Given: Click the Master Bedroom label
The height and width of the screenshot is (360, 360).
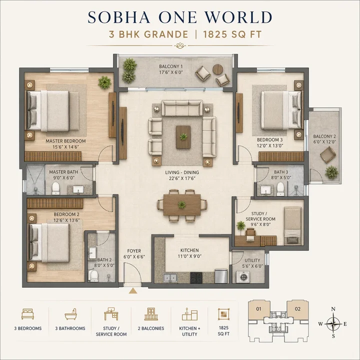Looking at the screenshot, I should pyautogui.click(x=65, y=141).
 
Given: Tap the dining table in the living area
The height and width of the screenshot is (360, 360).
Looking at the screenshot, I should pyautogui.click(x=181, y=204).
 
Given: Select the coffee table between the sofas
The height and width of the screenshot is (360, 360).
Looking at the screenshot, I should pyautogui.click(x=183, y=136).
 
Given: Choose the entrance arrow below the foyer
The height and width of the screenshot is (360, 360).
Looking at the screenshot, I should pyautogui.click(x=133, y=289).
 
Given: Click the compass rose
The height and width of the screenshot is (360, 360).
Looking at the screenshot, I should pyautogui.click(x=332, y=323).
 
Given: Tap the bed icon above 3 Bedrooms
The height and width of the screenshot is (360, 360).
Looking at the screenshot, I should pyautogui.click(x=27, y=314).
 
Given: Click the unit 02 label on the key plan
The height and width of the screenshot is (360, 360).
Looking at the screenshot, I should pyautogui.click(x=297, y=309).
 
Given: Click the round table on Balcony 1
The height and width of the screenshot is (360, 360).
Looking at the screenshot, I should pyautogui.click(x=217, y=69).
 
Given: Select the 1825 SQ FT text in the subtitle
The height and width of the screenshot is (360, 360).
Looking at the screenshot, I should pyautogui.click(x=238, y=35).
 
